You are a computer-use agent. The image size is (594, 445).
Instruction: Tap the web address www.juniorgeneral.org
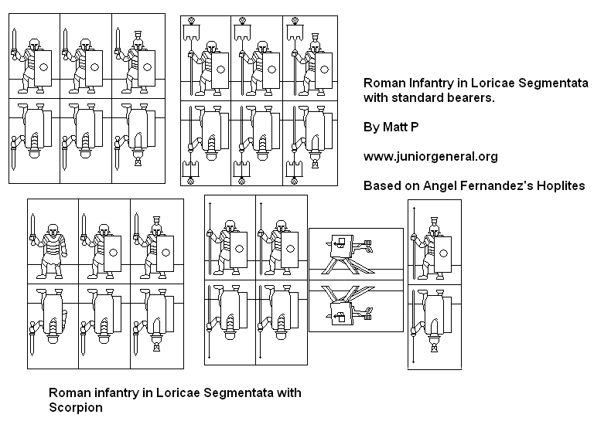coord(430,157)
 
